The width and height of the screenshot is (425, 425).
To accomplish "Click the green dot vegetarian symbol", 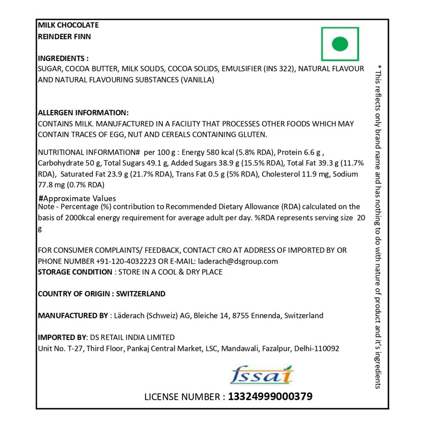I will click(340, 44).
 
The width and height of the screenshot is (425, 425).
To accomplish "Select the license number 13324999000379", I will click(270, 397).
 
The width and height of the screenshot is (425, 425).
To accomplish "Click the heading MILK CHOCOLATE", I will click(68, 25).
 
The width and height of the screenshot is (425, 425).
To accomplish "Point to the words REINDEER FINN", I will click(65, 37).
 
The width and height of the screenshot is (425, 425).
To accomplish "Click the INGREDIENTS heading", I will click(63, 58).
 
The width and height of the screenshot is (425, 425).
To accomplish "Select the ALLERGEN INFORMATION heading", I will click(83, 113).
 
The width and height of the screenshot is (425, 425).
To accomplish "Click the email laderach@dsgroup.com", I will click(237, 261).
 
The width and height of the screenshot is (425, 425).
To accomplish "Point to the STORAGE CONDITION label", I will click(75, 272).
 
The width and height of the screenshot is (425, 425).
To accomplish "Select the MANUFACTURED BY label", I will click(73, 316).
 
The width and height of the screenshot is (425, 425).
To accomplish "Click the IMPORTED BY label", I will click(62, 337).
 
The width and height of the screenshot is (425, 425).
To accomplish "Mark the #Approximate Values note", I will click(77, 198).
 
